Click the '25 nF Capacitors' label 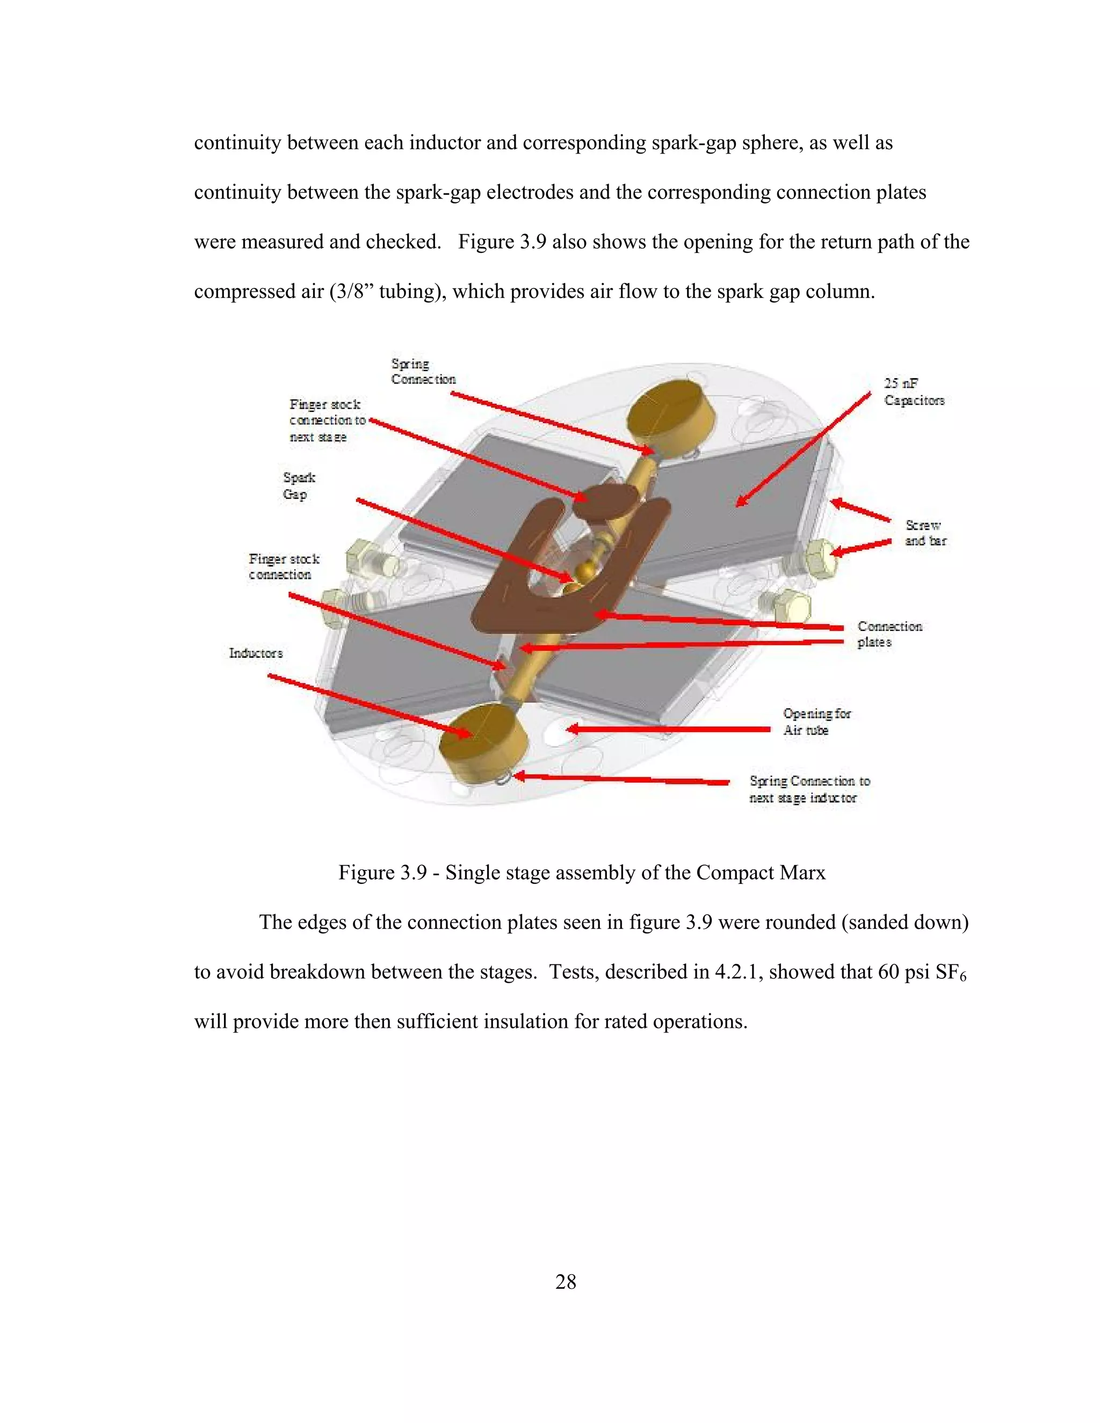913,391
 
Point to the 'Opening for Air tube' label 816,721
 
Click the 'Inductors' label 256,653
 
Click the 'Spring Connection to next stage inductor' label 809,788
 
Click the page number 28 565,1282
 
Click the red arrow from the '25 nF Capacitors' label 803,449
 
